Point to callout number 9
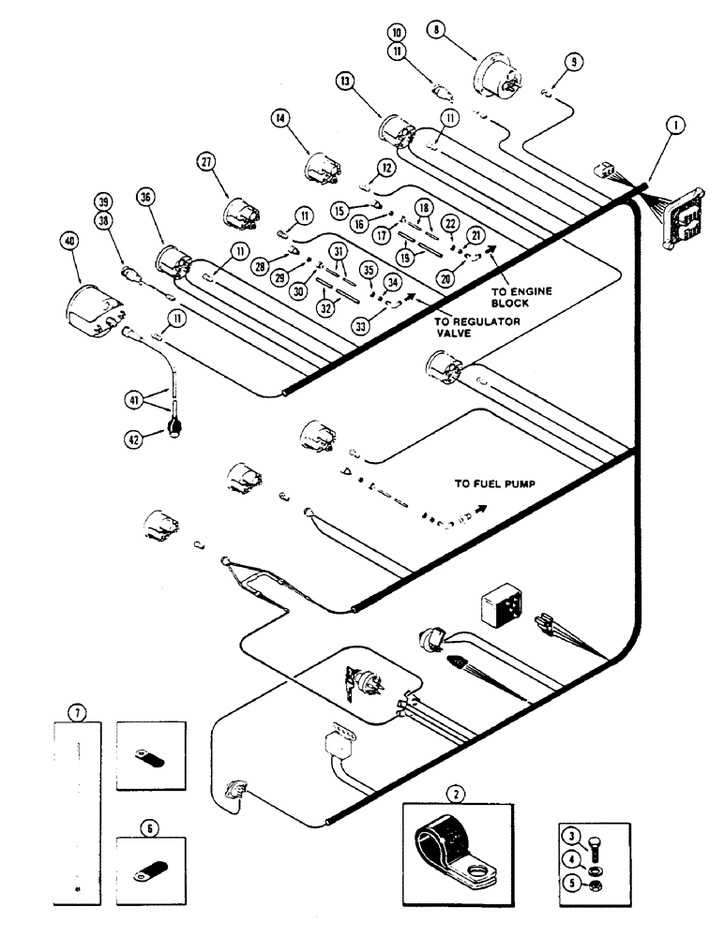coord(574,63)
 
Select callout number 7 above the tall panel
coord(80,714)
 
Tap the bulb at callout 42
coord(174,428)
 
